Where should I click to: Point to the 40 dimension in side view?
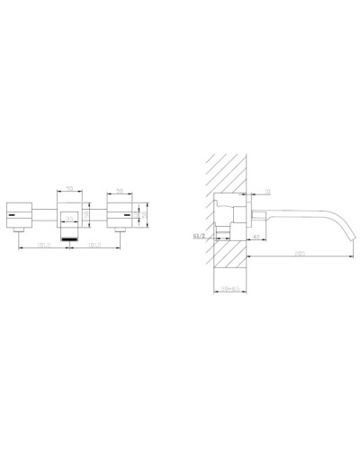point(256,236)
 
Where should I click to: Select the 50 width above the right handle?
point(121,190)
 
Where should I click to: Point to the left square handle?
point(21,214)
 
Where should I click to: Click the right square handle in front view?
point(121,214)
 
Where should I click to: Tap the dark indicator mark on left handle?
point(13,216)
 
